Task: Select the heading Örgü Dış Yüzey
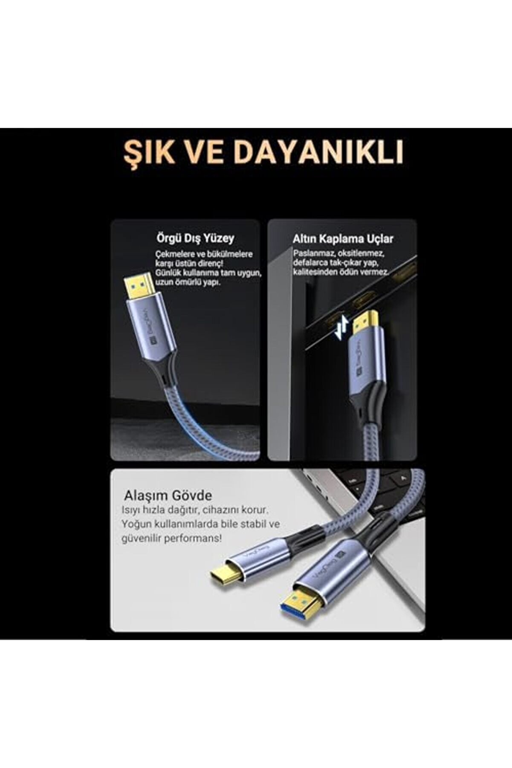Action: (195, 238)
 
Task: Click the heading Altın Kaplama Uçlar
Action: (343, 239)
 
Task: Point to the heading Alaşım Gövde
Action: (168, 496)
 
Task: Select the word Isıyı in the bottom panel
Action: (131, 510)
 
